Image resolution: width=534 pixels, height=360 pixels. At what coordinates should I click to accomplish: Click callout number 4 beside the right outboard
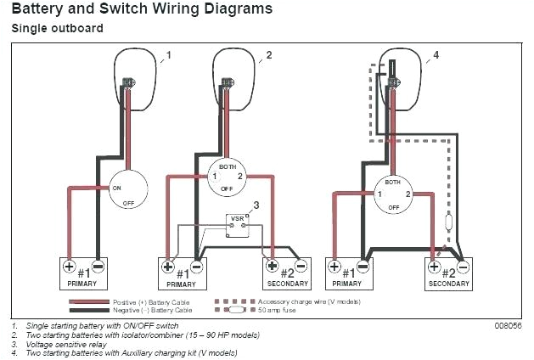pos(436,56)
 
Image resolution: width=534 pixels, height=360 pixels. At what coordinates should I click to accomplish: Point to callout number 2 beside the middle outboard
pos(268,56)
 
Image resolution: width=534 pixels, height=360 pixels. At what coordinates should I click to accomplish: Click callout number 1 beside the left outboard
pos(169,56)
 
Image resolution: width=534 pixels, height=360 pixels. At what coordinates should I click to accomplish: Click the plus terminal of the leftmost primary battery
pos(70,266)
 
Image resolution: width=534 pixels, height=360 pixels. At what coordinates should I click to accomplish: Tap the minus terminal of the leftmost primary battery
pos(98,266)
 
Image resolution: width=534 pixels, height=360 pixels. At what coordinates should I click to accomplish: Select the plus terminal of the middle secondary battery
pos(269,266)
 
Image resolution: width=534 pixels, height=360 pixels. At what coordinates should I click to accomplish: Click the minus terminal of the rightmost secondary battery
pos(463,266)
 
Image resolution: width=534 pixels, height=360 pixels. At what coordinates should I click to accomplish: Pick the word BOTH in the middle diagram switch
pos(227,166)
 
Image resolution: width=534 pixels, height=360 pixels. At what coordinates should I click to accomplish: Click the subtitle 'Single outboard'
pos(57,28)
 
